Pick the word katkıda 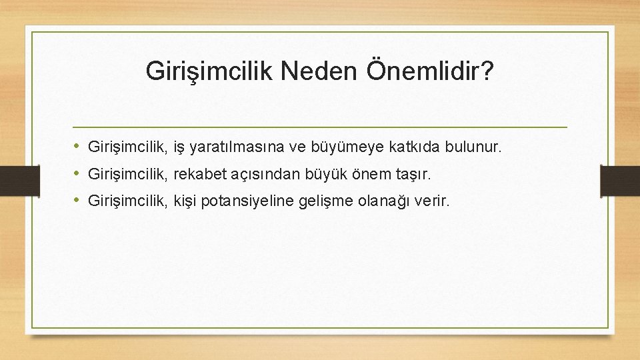coord(403,145)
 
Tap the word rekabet coord(198,175)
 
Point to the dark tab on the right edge coord(620,180)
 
